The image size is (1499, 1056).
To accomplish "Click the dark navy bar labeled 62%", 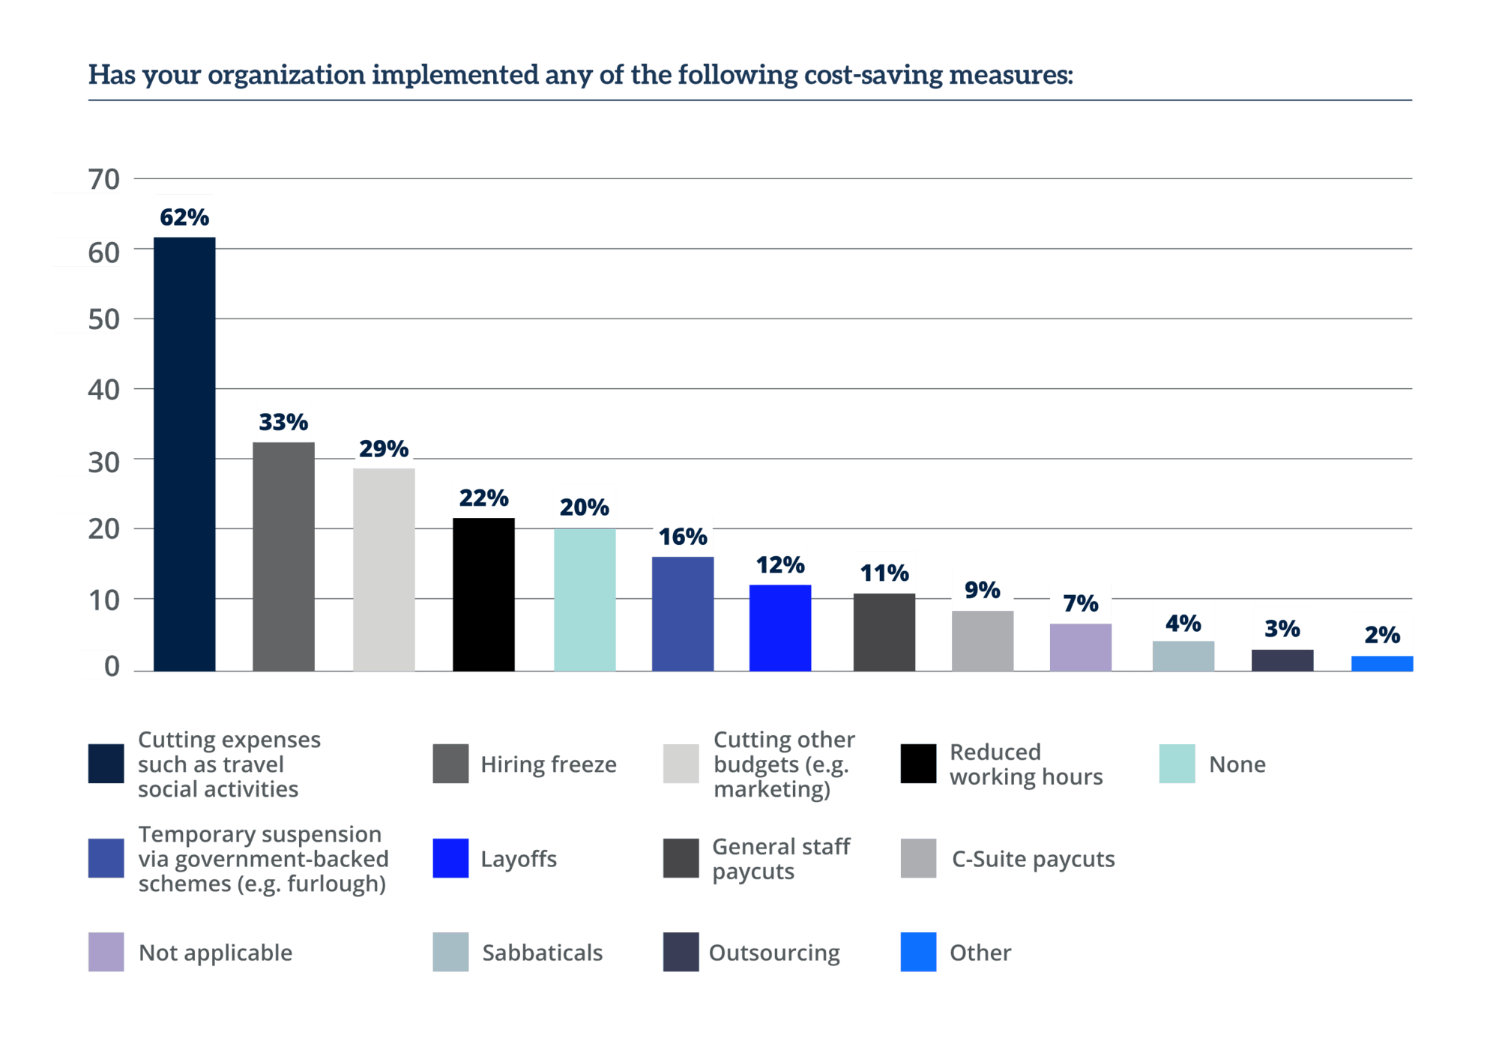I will coord(184,453).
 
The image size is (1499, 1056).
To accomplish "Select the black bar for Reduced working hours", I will coord(483,594).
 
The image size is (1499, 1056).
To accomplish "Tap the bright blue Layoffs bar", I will coord(780,627).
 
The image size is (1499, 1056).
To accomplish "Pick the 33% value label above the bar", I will coord(283,421).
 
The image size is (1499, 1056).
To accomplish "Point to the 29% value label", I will coord(384,447).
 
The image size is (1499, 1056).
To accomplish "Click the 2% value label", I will coord(1382,634).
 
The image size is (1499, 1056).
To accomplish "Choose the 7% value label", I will coord(1080,603).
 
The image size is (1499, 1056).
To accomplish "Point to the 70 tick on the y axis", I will coord(103,179).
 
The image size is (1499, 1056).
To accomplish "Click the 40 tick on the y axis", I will coord(103,389).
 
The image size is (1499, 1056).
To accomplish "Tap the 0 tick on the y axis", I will coord(111,665).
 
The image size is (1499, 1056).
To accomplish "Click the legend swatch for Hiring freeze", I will coord(450,764).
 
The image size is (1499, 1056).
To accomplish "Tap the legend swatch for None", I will coord(1177,764).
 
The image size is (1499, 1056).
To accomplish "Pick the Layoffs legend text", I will coord(519,858).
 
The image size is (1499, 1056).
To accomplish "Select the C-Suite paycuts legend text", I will coord(1033,858).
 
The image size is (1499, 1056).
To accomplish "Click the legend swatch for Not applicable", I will coord(106,952).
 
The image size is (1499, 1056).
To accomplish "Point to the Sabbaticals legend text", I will coord(542,952).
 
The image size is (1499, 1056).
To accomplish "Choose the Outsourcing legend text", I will coord(774,952).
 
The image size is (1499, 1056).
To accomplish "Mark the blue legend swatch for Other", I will coord(918,952).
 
